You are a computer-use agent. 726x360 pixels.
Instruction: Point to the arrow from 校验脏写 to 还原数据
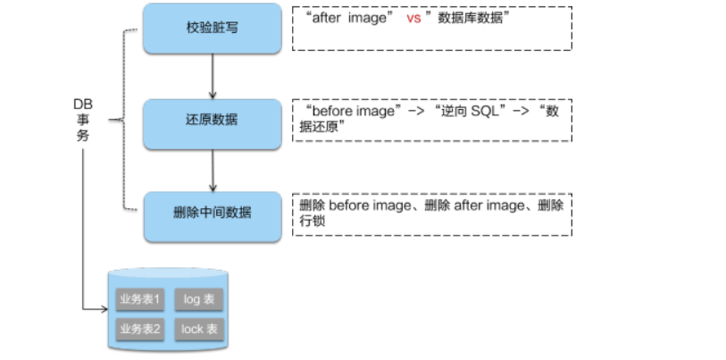[x=213, y=76]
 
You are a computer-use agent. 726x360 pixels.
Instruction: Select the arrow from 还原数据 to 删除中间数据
[x=213, y=168]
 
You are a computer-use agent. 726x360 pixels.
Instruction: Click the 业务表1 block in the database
[x=138, y=299]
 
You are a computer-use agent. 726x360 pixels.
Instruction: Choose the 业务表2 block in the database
[x=138, y=329]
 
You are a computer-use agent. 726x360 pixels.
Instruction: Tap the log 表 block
[x=199, y=299]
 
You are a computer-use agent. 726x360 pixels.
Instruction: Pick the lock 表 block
[x=199, y=329]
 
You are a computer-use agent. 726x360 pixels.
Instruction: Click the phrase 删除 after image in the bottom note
[x=471, y=205]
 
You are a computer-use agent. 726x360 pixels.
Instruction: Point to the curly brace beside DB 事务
[x=118, y=121]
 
